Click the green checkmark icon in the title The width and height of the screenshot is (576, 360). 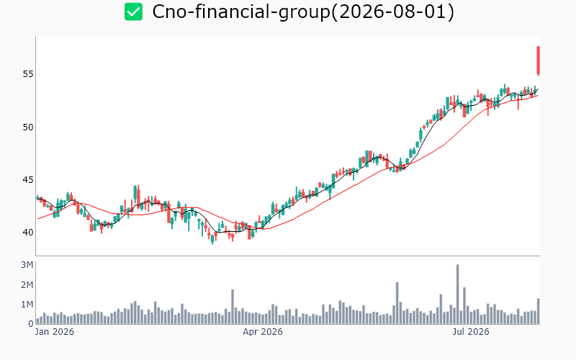133,12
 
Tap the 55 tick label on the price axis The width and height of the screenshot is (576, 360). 28,74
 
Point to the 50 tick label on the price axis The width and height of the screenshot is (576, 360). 28,127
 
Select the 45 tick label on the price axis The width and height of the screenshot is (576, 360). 28,179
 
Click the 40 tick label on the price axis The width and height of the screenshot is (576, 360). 28,232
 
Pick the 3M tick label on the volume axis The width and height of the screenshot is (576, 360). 27,265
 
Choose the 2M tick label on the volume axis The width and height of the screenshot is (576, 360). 27,284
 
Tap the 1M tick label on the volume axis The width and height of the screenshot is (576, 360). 27,304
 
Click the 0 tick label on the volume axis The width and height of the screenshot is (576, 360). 30,323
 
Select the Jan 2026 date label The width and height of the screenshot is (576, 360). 55,332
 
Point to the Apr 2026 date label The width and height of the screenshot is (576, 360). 263,332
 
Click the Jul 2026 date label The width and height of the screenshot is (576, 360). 471,332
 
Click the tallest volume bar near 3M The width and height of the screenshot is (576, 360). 458,294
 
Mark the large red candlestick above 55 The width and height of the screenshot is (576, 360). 538,61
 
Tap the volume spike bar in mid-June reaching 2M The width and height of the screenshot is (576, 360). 397,303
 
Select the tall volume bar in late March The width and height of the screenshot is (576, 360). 233,307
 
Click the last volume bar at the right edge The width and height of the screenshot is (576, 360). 538,311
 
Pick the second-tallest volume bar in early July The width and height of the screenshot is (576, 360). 464,305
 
